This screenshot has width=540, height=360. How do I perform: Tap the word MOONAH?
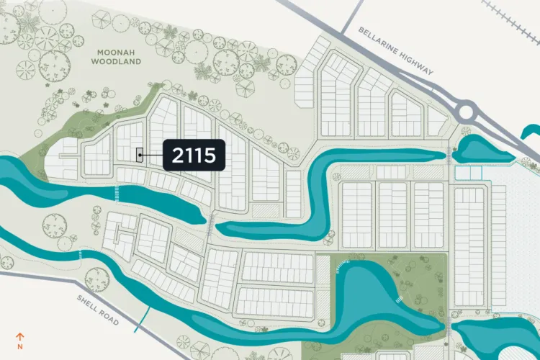115,52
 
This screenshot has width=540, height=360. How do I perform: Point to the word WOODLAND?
115,62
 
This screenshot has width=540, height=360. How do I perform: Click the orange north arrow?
20,335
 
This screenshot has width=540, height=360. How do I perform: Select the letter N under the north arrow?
20,346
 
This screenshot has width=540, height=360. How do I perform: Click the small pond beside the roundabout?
479,150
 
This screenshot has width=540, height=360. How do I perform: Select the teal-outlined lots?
468,173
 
